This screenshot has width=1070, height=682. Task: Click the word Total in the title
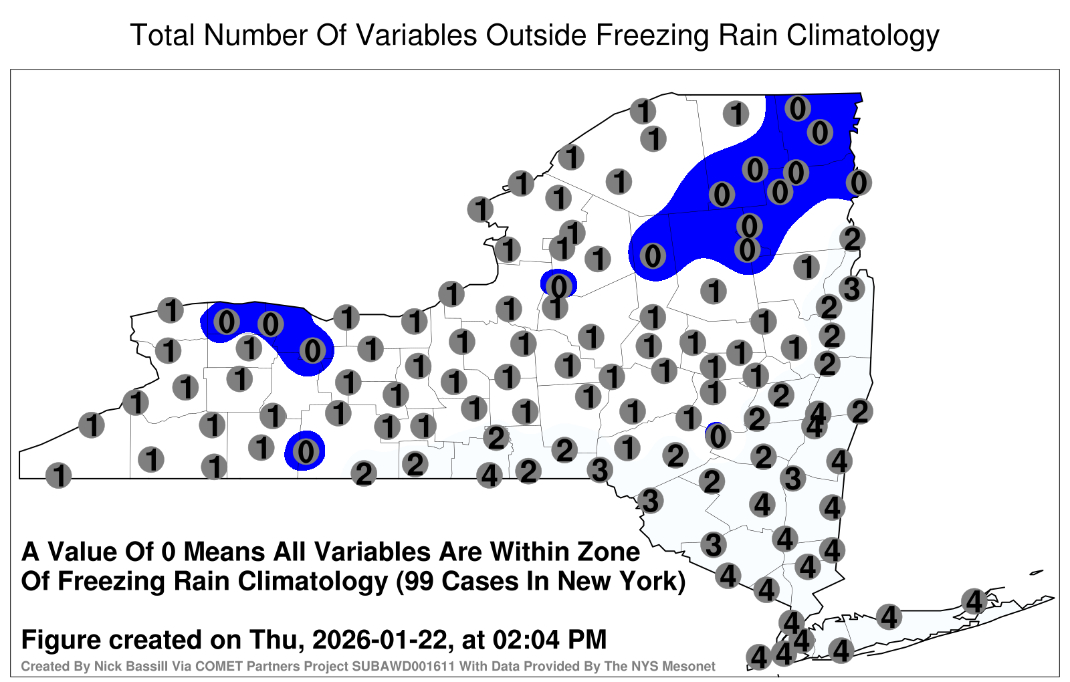pyautogui.click(x=163, y=35)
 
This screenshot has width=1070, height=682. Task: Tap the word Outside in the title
pyautogui.click(x=536, y=35)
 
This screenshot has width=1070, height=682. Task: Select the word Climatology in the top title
pyautogui.click(x=863, y=36)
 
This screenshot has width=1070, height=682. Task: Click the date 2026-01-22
pyautogui.click(x=381, y=640)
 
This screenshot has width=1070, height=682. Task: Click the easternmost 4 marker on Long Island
pyautogui.click(x=974, y=601)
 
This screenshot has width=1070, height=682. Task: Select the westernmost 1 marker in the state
pyautogui.click(x=58, y=475)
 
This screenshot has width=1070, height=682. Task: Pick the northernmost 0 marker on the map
pyautogui.click(x=797, y=108)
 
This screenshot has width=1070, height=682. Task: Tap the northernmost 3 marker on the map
pyautogui.click(x=852, y=288)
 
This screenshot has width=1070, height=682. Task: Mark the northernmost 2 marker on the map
pyautogui.click(x=853, y=238)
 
